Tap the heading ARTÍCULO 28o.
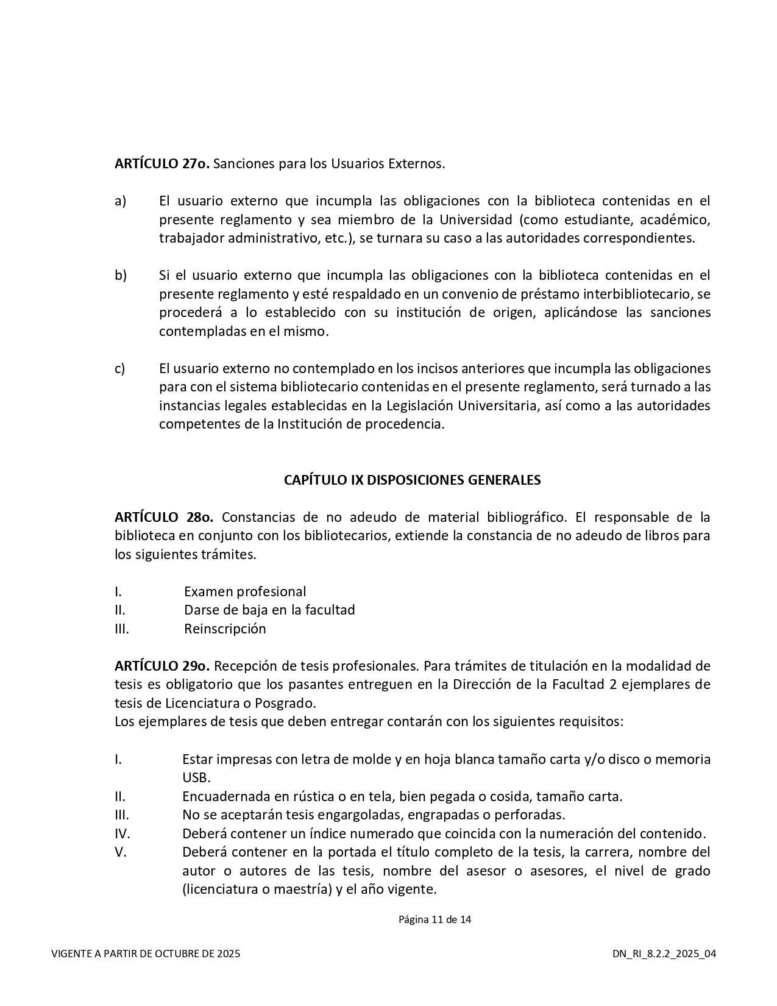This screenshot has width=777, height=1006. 164,518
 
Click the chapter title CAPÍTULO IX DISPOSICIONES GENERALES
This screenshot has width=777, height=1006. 412,480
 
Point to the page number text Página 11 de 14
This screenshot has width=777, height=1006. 435,919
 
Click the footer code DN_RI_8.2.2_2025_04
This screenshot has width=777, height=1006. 664,954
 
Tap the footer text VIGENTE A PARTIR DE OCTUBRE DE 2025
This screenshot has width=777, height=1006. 146,954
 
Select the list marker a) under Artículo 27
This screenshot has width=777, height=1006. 120,201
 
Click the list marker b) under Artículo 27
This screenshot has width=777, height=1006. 121,276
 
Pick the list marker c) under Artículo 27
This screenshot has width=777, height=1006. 119,369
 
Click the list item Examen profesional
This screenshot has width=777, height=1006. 245,592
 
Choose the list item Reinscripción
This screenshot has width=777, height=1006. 225,629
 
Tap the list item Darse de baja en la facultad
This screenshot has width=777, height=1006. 269,610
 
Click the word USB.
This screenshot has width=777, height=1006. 196,779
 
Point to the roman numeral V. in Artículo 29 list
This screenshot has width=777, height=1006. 120,852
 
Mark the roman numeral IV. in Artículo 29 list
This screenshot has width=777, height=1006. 122,834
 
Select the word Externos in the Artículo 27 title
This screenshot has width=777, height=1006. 416,164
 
